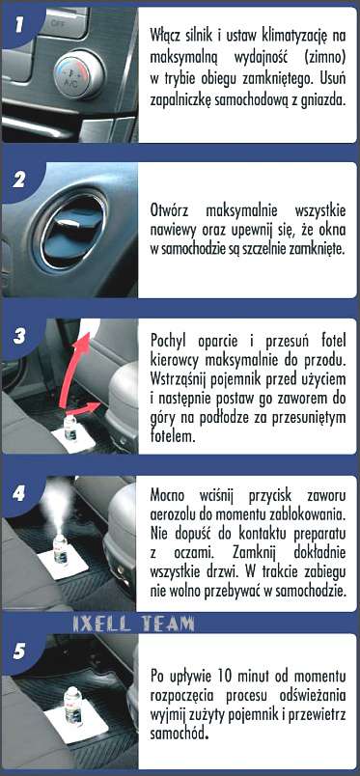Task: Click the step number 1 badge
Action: (x=18, y=25)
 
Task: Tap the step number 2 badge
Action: (x=18, y=180)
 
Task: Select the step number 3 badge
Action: (x=18, y=337)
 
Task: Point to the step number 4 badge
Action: (x=18, y=493)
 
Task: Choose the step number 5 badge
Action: (x=18, y=651)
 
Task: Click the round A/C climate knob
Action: (x=79, y=74)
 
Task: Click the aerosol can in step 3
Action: (x=70, y=427)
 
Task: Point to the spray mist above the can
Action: (x=60, y=506)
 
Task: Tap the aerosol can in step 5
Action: (x=73, y=705)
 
